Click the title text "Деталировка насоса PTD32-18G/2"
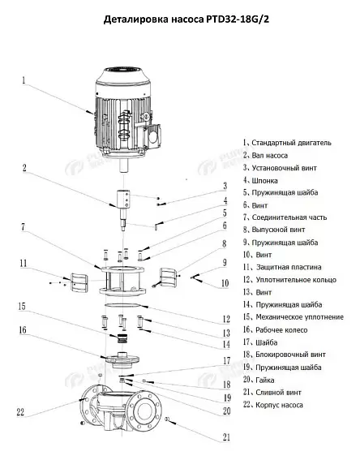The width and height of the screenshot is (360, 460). click(x=186, y=19)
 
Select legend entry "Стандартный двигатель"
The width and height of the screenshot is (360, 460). click(x=291, y=143)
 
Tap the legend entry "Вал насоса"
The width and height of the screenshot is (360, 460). click(x=270, y=156)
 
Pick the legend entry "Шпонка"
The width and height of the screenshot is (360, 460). click(x=264, y=181)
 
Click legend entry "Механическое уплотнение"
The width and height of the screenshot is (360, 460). click(x=300, y=317)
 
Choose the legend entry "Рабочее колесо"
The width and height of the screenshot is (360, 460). click(x=281, y=330)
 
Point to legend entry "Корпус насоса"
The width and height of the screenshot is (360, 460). click(x=279, y=405)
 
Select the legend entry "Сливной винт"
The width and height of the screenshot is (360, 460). click(x=278, y=393)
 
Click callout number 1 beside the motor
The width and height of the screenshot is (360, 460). click(x=24, y=80)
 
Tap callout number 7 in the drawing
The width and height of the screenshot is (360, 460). click(x=24, y=227)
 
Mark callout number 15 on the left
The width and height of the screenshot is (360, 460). click(x=22, y=307)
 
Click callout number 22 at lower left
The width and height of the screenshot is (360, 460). click(x=20, y=412)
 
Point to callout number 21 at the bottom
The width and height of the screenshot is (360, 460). click(x=226, y=437)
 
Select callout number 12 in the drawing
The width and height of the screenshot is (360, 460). click(x=226, y=319)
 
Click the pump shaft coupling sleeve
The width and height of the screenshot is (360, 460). click(x=124, y=198)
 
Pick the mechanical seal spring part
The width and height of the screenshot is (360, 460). click(x=122, y=339)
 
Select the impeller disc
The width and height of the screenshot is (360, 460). click(x=122, y=359)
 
